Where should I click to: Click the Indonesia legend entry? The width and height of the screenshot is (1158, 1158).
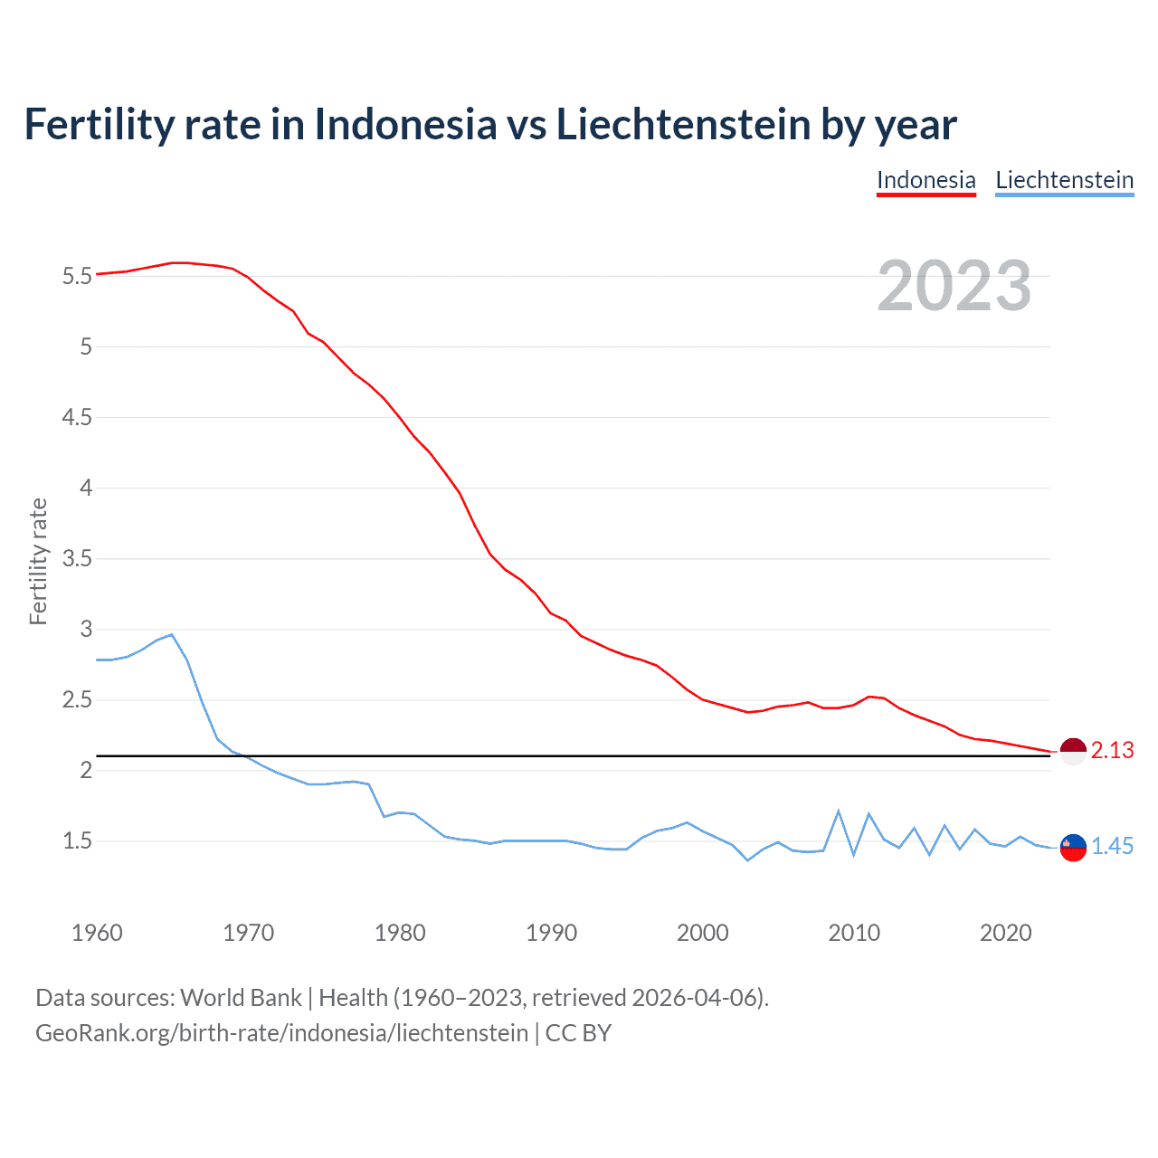(925, 180)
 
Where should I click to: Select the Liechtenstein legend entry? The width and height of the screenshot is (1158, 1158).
(1064, 180)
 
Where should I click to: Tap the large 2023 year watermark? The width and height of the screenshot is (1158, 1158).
(954, 286)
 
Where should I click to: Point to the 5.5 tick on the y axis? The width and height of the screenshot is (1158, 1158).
(77, 277)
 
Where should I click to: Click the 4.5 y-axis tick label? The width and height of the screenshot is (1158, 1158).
(77, 418)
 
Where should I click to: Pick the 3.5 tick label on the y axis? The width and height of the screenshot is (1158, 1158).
(77, 559)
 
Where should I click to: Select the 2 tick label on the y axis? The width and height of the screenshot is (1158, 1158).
(86, 771)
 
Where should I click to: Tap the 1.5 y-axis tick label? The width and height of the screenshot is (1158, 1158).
(77, 841)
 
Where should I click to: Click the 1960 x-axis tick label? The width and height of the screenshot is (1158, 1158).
(97, 933)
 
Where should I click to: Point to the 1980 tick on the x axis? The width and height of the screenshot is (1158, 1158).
(400, 933)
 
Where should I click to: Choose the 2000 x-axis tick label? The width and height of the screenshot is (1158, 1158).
(703, 933)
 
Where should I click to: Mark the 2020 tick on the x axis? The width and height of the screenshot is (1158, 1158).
(1005, 933)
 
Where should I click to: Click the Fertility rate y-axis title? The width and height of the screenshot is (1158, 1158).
(38, 561)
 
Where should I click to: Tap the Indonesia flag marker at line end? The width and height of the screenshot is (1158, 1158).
(1073, 751)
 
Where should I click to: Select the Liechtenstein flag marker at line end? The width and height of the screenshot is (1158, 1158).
(1073, 848)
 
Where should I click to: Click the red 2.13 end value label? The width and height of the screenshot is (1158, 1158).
(1112, 751)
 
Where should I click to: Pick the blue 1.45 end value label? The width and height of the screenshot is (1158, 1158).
(1112, 847)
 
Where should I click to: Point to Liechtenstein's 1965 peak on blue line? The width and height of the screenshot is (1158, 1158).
(172, 634)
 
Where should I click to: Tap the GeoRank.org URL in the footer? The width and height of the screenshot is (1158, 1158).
(281, 1033)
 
